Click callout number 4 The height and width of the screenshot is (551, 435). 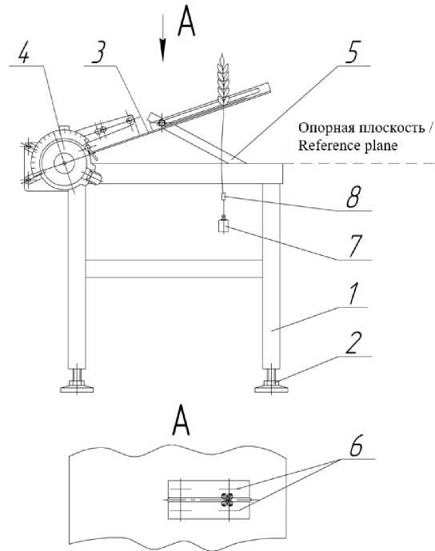coord(24,54)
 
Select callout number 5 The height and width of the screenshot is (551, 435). coord(351,53)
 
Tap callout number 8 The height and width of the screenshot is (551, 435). coord(353,198)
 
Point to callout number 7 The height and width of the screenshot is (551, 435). coord(355,246)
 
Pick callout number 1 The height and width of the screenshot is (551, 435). coord(353,294)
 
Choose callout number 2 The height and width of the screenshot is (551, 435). coord(353,343)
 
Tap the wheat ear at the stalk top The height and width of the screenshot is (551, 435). coord(223,79)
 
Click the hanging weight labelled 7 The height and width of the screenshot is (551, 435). coord(223,226)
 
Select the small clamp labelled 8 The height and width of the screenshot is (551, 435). coord(223,197)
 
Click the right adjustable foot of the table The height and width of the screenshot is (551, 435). coord(271,381)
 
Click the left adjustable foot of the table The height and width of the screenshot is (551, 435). coord(77,381)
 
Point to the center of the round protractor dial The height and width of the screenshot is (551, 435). coord(65,163)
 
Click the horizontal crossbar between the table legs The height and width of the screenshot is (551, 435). coord(174,269)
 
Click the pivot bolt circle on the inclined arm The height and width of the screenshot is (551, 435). coord(162,123)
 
